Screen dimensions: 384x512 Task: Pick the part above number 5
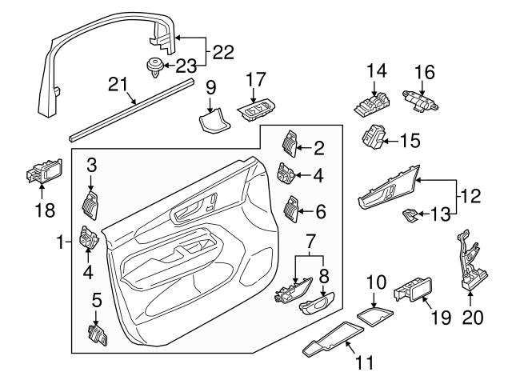pyautogui.click(x=96, y=334)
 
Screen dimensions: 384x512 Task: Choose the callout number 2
pyautogui.click(x=319, y=147)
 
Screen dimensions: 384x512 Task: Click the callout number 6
pyautogui.click(x=319, y=212)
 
